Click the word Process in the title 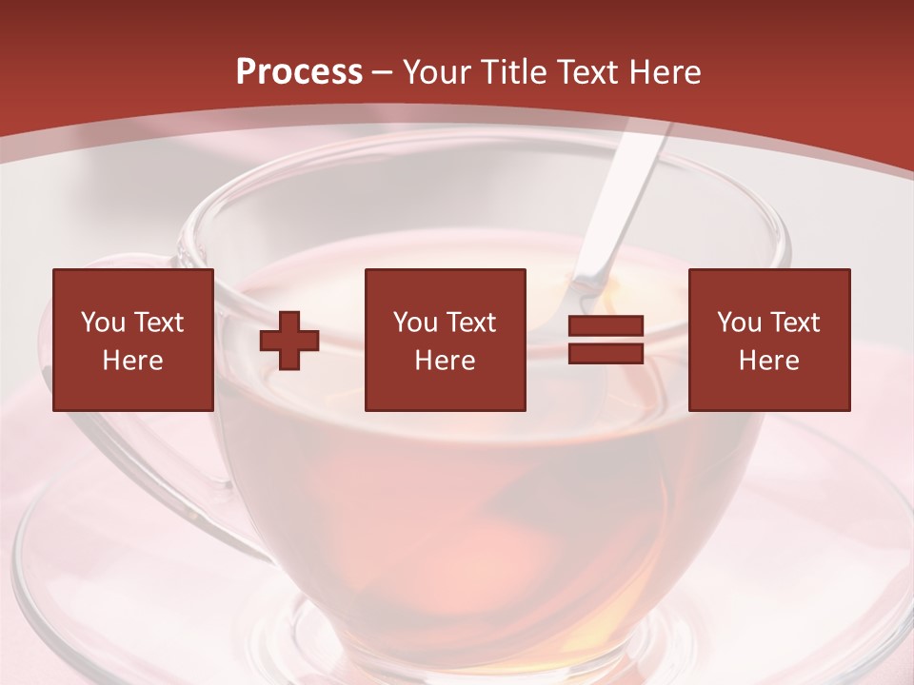(299, 72)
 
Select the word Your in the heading (435, 72)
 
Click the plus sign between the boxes (289, 341)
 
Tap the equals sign (606, 340)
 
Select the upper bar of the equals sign (606, 326)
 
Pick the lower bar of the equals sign (606, 353)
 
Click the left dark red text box (132, 340)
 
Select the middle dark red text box (445, 340)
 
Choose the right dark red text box (768, 340)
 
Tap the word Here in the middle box (445, 361)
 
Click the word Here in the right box (768, 361)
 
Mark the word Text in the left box (159, 323)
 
